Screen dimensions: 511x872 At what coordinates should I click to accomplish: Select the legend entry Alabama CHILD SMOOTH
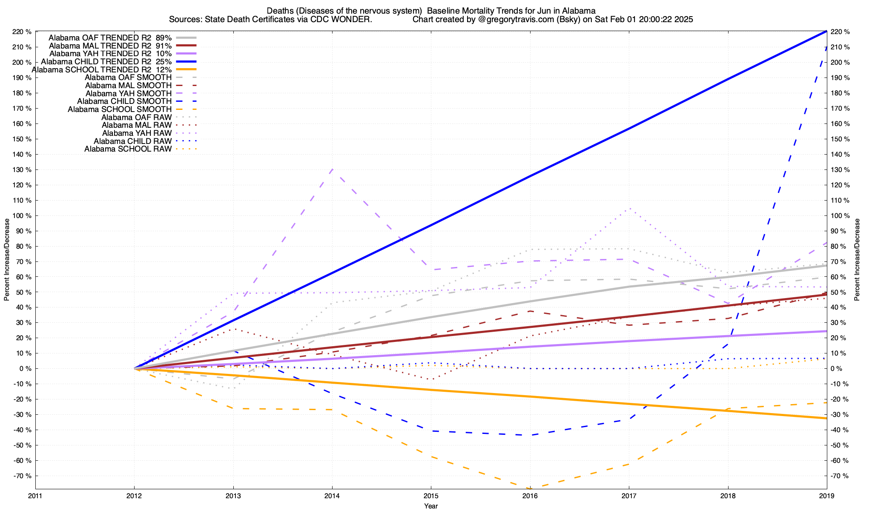point(124,101)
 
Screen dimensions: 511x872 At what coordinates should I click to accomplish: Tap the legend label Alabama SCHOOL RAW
point(128,149)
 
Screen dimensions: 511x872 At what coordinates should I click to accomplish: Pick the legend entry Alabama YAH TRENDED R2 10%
point(110,54)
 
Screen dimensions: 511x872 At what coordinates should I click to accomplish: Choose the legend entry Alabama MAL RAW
point(136,125)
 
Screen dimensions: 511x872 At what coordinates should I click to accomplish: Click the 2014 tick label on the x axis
point(332,496)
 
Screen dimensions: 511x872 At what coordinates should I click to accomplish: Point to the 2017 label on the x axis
point(629,496)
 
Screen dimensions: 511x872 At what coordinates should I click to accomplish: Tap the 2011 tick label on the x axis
point(35,496)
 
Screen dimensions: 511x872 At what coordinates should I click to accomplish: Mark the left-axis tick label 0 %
point(26,369)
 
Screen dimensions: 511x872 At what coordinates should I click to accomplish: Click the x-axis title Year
point(431,506)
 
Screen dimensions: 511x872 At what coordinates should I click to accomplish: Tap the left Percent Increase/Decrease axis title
point(7,260)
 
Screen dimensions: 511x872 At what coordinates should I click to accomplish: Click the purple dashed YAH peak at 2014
point(332,169)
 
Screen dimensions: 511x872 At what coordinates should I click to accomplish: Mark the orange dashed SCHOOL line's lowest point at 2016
point(530,488)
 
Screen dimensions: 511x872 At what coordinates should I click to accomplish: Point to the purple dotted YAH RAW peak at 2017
point(629,208)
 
